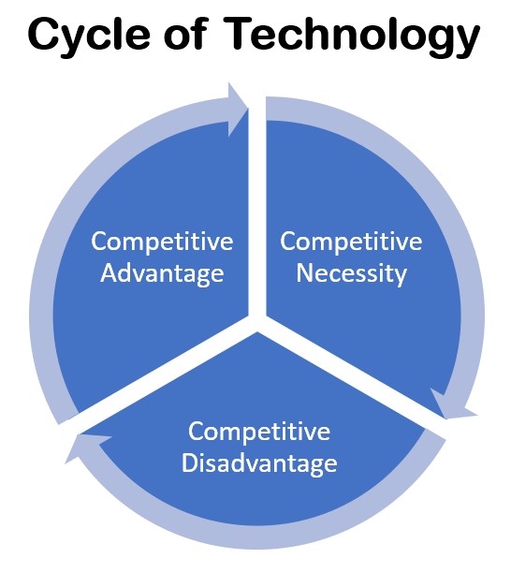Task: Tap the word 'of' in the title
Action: [185, 33]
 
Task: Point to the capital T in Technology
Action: [240, 34]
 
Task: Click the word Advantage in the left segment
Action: [162, 273]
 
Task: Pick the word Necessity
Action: [351, 273]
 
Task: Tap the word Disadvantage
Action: [259, 463]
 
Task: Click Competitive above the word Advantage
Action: [162, 242]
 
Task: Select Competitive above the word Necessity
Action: [351, 242]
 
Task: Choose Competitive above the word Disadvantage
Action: [259, 432]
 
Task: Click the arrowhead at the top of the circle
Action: [237, 109]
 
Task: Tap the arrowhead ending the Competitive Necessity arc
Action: [452, 406]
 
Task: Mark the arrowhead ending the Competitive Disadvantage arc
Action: [85, 445]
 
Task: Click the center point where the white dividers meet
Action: [257, 321]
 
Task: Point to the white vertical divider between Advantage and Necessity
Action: [257, 208]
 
